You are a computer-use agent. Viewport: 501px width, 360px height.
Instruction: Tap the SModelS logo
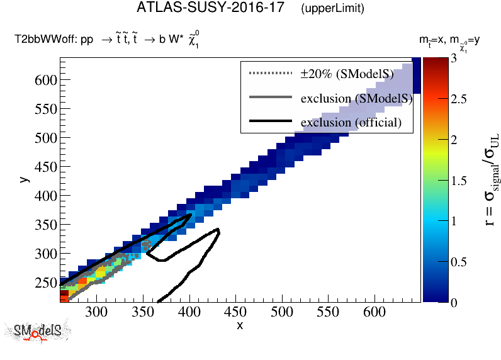pyautogui.click(x=38, y=332)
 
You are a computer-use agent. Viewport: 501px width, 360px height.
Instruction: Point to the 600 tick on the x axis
pyautogui.click(x=374, y=312)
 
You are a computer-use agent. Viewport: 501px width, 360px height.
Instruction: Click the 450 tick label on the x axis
pyautogui.click(x=281, y=312)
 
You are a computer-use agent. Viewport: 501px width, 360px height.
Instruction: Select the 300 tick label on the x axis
pyautogui.click(x=95, y=312)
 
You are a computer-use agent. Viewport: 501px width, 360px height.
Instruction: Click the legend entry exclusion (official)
pyautogui.click(x=351, y=121)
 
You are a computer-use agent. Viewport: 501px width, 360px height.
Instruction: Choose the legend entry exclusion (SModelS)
pyautogui.click(x=356, y=98)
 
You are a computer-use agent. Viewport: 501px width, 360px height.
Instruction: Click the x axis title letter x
pyautogui.click(x=240, y=325)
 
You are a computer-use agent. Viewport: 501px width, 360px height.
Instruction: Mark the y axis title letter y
pyautogui.click(x=23, y=179)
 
